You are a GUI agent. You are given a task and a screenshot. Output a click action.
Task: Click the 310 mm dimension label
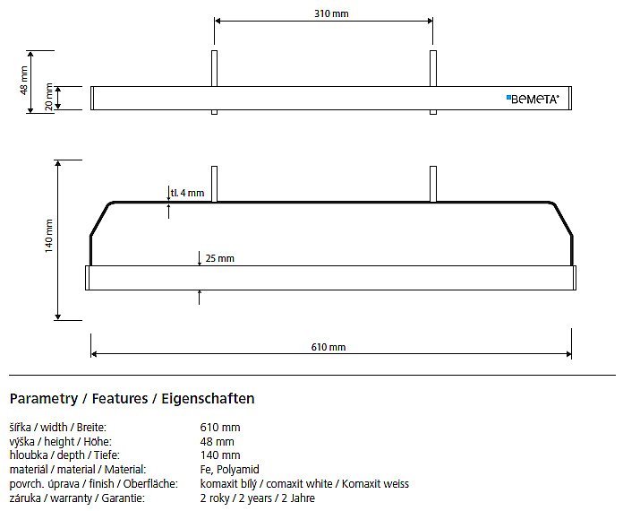pos(331,13)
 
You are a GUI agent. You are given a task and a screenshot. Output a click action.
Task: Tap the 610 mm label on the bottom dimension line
pos(329,347)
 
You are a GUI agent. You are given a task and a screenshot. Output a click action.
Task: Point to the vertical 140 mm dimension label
pos(48,236)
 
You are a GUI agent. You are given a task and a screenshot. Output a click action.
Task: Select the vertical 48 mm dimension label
pos(24,81)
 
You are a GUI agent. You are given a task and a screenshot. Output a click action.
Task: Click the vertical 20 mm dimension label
pos(48,97)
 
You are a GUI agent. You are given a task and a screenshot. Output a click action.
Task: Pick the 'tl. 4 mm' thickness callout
pos(188,193)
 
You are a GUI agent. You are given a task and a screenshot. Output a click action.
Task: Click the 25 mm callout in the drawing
pos(219,258)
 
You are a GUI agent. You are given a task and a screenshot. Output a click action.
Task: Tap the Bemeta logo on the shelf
pos(533,100)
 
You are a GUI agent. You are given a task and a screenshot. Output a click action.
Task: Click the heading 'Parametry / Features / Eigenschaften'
pos(132,398)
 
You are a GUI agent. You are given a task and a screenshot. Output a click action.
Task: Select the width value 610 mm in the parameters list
pos(220,428)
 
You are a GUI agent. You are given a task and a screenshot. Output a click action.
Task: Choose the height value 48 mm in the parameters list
pos(217,441)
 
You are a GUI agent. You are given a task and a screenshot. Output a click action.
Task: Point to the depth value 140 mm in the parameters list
pos(220,455)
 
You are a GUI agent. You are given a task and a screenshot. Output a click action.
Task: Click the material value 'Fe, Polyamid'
pos(230,470)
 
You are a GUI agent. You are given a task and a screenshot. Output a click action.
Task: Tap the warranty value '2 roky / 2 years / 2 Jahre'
pos(258,498)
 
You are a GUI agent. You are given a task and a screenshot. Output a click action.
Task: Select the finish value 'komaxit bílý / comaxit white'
pos(266,484)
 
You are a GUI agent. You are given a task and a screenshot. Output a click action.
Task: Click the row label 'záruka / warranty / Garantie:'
pos(77,498)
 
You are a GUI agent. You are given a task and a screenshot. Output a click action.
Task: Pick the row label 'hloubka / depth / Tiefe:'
pos(64,455)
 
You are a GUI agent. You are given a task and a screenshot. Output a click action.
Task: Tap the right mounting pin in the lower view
pos(433,185)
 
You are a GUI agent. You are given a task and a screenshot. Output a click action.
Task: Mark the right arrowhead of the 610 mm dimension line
pos(568,354)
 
